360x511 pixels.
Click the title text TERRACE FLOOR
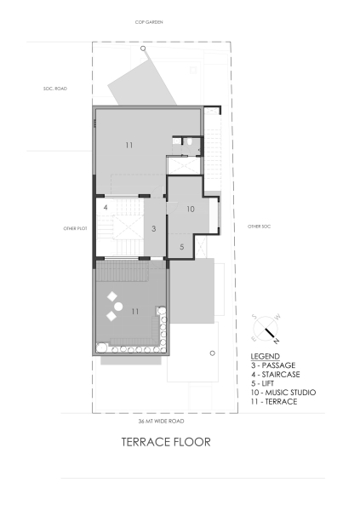point(165,442)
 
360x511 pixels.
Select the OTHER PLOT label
point(76,228)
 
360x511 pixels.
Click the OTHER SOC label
point(259,227)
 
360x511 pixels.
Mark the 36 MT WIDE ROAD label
point(161,421)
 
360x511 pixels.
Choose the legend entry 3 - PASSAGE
point(273,365)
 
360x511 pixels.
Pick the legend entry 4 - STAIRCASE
point(276,374)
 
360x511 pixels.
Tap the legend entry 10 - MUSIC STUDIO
point(283,393)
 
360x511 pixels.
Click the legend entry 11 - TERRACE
point(274,402)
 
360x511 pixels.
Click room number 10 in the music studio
point(191,209)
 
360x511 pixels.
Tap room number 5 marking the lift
point(181,246)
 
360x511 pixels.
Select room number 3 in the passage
point(154,228)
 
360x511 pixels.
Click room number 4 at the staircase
point(105,207)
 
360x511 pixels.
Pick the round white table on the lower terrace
point(119,307)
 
